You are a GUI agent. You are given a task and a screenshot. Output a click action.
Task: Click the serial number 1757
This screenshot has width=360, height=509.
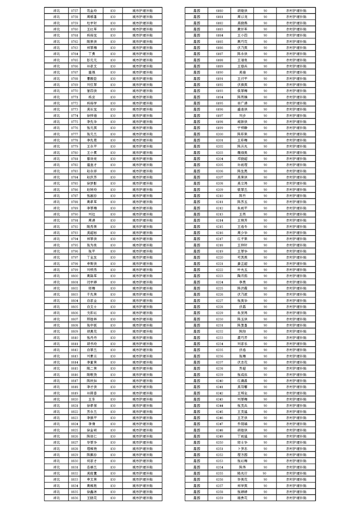coord(75,10)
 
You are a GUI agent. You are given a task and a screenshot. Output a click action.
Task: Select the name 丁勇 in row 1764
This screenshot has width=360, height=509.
coord(92,54)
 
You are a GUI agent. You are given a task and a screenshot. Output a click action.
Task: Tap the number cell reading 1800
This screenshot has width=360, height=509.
coord(75,275)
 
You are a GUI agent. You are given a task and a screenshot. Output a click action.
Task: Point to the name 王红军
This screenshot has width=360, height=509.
coord(92,29)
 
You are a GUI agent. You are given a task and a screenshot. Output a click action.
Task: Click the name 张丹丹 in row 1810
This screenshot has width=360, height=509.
coord(92,337)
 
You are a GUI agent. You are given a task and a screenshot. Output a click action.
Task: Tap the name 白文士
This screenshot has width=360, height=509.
coord(92,306)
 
